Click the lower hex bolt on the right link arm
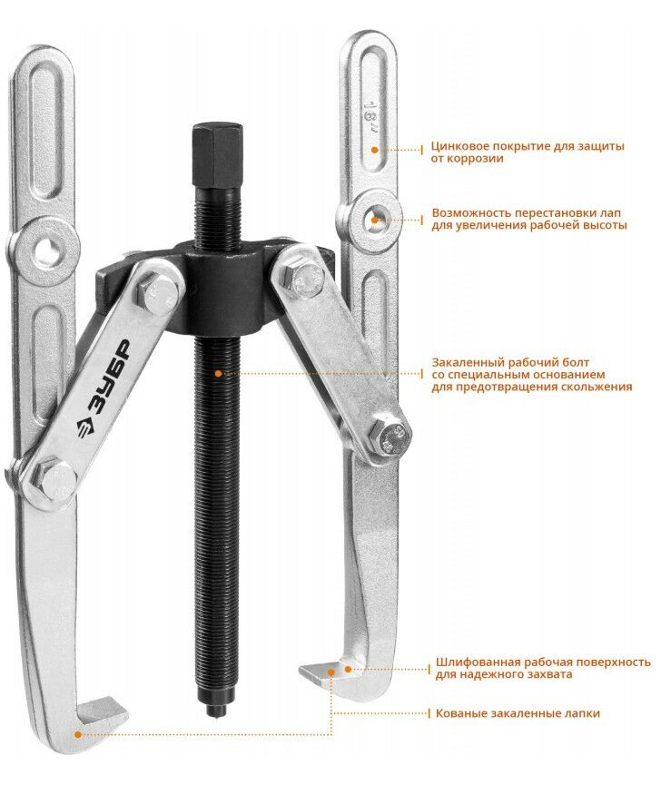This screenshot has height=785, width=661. click(389, 436)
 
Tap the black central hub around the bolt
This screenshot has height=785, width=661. click(223, 290)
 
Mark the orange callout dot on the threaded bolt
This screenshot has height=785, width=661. click(218, 374)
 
